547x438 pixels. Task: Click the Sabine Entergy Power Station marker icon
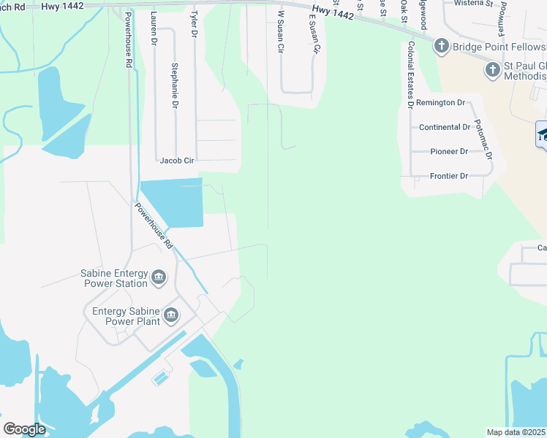pos(159,278)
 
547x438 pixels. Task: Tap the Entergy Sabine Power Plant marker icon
pos(171,315)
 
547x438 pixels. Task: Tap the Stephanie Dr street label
pos(175,86)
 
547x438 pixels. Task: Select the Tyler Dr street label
pos(194,24)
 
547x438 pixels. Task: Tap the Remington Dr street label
pos(442,104)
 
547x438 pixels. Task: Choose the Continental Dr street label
pos(445,127)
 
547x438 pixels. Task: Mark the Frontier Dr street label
pos(443,176)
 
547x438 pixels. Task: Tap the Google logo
pos(24,429)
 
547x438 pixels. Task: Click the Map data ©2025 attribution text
pos(516,432)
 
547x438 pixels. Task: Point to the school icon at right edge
pos(543,134)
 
